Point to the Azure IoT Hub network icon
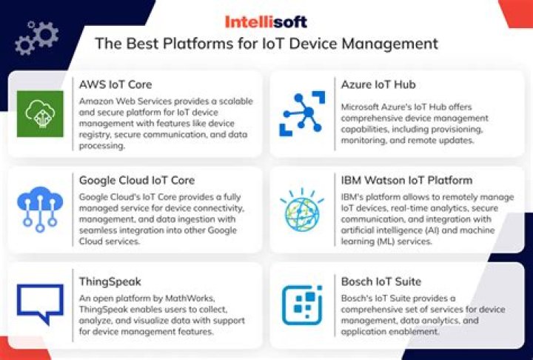(x=302, y=114)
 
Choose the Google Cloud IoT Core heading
(x=137, y=180)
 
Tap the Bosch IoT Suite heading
(x=381, y=281)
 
